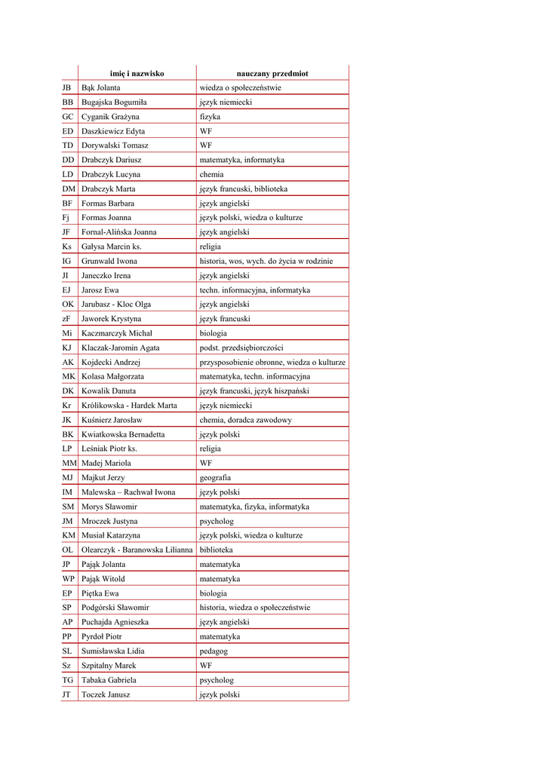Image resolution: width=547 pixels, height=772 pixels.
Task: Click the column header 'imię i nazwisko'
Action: pyautogui.click(x=137, y=73)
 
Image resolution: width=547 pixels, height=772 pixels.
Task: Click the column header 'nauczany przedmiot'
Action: pyautogui.click(x=272, y=73)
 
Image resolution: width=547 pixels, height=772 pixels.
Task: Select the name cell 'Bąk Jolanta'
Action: pyautogui.click(x=101, y=87)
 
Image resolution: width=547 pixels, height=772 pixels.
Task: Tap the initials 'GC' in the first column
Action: pyautogui.click(x=68, y=117)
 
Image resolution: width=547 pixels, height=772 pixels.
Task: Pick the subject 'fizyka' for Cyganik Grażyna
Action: pyautogui.click(x=210, y=117)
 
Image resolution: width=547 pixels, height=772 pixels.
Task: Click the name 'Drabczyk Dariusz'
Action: pyautogui.click(x=112, y=160)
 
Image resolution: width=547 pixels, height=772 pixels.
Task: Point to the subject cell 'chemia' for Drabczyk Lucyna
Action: pyautogui.click(x=211, y=174)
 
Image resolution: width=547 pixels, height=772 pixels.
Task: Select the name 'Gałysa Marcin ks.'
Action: pyautogui.click(x=112, y=247)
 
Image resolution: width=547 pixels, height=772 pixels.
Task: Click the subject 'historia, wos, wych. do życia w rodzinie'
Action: pyautogui.click(x=266, y=261)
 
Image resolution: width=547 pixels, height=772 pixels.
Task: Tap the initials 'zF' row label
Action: pyautogui.click(x=67, y=319)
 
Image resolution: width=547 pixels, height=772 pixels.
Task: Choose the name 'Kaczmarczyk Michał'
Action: pyautogui.click(x=117, y=333)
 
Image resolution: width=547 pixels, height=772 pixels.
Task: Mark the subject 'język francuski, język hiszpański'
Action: pyautogui.click(x=254, y=391)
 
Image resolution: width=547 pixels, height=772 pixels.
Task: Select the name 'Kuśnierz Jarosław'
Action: pyautogui.click(x=112, y=420)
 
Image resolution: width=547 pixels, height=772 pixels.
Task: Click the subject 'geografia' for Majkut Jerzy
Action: pyautogui.click(x=215, y=477)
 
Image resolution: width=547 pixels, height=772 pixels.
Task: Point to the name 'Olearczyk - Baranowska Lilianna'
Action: pyautogui.click(x=137, y=550)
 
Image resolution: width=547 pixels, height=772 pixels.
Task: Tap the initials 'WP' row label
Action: pyautogui.click(x=68, y=578)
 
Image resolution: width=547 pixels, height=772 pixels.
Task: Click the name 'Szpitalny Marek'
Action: pyautogui.click(x=109, y=666)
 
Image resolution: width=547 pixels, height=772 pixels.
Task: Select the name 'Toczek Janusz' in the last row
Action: pyautogui.click(x=106, y=694)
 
